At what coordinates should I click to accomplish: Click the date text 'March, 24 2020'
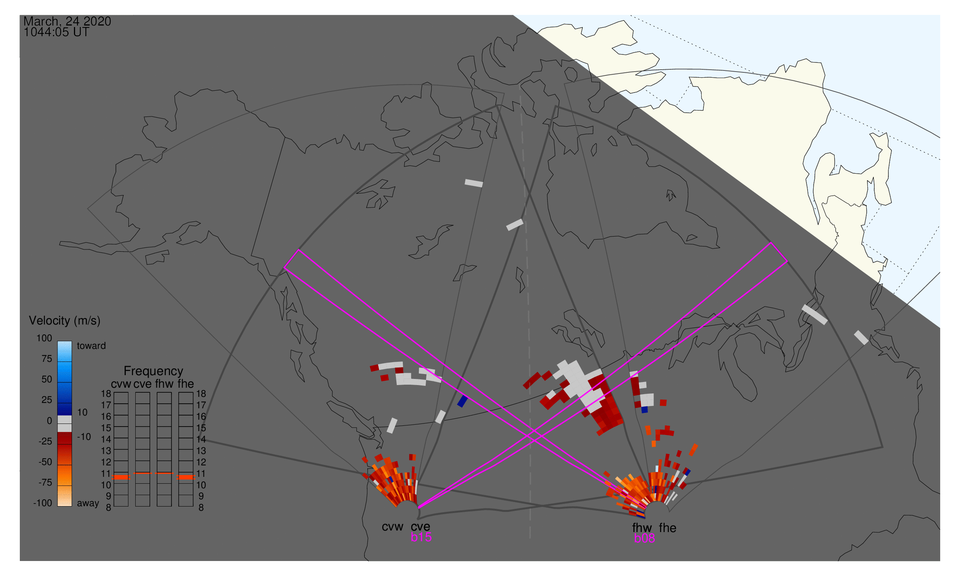pyautogui.click(x=67, y=21)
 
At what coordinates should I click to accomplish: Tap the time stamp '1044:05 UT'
pyautogui.click(x=56, y=32)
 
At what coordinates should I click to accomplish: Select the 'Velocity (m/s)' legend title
pyautogui.click(x=64, y=321)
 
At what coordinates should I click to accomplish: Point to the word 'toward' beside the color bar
pyautogui.click(x=91, y=346)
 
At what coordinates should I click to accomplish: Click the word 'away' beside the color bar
pyautogui.click(x=88, y=503)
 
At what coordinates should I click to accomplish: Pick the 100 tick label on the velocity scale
pyautogui.click(x=44, y=338)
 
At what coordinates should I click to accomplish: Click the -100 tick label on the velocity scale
pyautogui.click(x=43, y=503)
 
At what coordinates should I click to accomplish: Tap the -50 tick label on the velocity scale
pyautogui.click(x=45, y=462)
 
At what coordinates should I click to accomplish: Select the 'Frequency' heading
pyautogui.click(x=153, y=371)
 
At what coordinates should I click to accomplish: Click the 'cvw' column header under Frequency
pyautogui.click(x=121, y=384)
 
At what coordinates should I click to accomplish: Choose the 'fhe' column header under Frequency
pyautogui.click(x=186, y=384)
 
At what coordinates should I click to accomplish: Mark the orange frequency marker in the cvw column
pyautogui.click(x=121, y=477)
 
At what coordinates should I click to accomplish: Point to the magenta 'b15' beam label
pyautogui.click(x=421, y=537)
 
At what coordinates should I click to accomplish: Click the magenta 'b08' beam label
pyautogui.click(x=644, y=538)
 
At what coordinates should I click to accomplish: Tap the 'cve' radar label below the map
pyautogui.click(x=420, y=527)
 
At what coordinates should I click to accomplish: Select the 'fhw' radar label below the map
pyautogui.click(x=642, y=528)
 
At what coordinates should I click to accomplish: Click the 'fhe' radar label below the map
pyautogui.click(x=668, y=528)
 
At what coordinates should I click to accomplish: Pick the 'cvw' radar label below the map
pyautogui.click(x=392, y=527)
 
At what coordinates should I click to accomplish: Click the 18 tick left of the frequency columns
pyautogui.click(x=106, y=394)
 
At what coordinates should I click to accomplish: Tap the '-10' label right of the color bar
pyautogui.click(x=83, y=437)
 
